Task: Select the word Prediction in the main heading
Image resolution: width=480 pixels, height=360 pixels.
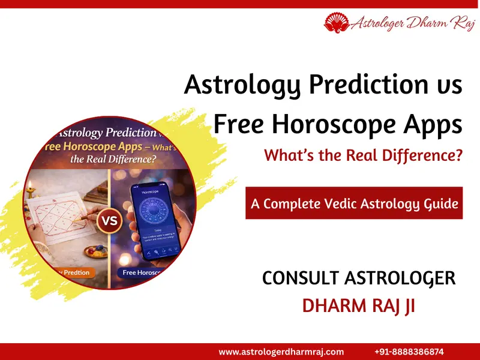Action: click(x=355, y=85)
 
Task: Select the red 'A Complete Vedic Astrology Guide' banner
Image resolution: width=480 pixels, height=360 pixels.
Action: click(x=354, y=203)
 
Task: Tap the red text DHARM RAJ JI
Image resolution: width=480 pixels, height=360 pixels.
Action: click(x=358, y=305)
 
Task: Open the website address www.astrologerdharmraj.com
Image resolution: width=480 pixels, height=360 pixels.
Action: click(x=281, y=352)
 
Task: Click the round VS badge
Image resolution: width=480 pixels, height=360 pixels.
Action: click(x=110, y=221)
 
